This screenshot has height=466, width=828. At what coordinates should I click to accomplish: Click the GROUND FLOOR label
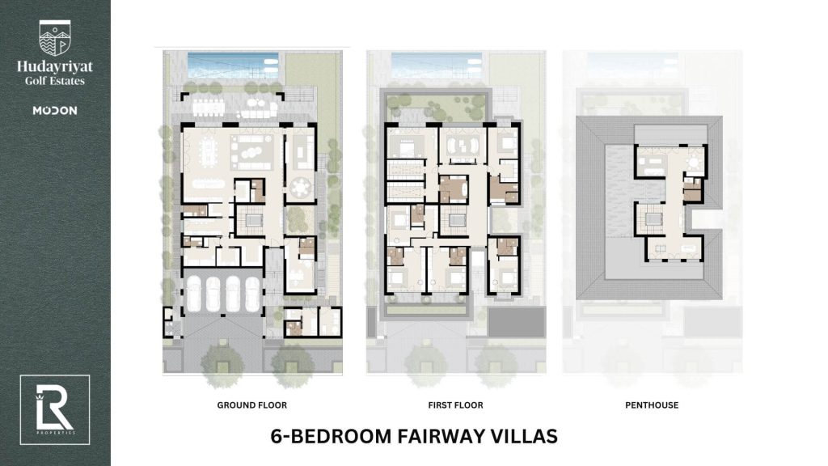(x=252, y=405)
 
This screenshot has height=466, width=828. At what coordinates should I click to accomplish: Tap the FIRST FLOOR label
(x=456, y=405)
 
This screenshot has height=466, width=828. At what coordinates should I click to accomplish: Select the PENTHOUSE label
(x=652, y=405)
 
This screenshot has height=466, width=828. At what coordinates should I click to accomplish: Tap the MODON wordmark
(x=55, y=110)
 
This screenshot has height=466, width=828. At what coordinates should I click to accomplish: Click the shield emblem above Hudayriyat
(x=54, y=38)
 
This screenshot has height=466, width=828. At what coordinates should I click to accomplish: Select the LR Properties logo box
(x=55, y=410)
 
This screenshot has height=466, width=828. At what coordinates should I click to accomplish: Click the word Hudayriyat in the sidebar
(x=55, y=67)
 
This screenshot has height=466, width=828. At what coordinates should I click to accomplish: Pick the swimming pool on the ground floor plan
(x=233, y=66)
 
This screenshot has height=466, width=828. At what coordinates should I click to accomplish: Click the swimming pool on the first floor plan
(x=437, y=66)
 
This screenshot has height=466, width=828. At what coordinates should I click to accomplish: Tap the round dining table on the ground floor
(x=301, y=188)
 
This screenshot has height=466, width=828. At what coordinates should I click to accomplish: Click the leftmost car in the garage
(x=194, y=294)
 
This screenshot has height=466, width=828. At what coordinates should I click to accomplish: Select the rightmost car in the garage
(x=252, y=294)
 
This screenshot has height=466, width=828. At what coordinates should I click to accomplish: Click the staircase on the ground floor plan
(x=249, y=220)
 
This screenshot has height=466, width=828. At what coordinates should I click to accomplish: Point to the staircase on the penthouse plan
(x=653, y=220)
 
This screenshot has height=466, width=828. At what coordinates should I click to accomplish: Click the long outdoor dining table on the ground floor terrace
(x=209, y=108)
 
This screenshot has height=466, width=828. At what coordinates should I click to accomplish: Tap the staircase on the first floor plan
(x=454, y=220)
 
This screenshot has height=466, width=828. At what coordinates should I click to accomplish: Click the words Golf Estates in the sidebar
(x=55, y=81)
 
